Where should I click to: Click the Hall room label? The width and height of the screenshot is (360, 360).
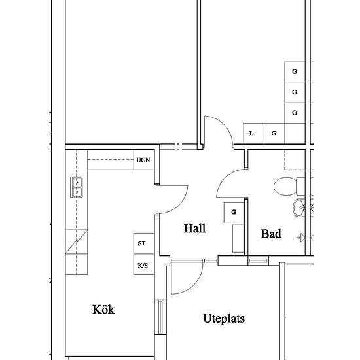pos(194,228)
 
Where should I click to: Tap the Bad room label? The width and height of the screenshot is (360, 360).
pos(271,234)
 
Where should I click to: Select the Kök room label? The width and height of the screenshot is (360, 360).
pos(103,309)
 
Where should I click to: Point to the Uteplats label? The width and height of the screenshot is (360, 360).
pos(224,319)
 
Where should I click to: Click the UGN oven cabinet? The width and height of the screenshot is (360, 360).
pos(144,160)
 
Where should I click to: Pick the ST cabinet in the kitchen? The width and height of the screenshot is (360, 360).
pos(144,243)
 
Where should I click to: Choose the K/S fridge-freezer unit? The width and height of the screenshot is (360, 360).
pos(144,264)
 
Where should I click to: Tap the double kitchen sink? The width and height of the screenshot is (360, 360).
pos(77,187)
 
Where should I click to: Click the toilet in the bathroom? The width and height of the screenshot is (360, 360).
pos(289,186)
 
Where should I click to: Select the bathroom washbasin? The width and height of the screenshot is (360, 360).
pos(299,208)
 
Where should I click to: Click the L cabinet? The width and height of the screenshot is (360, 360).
pos(253,134)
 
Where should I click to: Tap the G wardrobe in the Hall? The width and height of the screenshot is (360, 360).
pos(234,212)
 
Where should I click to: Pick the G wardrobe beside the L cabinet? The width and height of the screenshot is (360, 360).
pos(274,134)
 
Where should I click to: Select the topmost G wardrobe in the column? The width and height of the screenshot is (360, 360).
pos(295,71)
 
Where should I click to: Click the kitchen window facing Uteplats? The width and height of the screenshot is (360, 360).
pos(160,317)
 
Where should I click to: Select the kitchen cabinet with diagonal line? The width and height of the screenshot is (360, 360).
pos(76,242)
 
